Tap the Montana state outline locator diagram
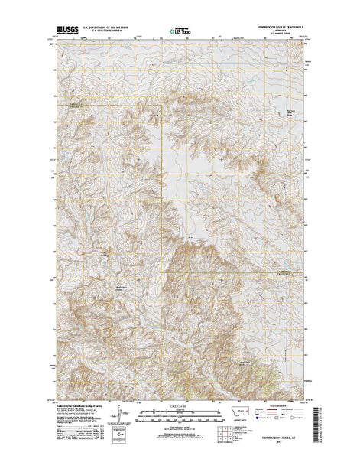tap(242, 412)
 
